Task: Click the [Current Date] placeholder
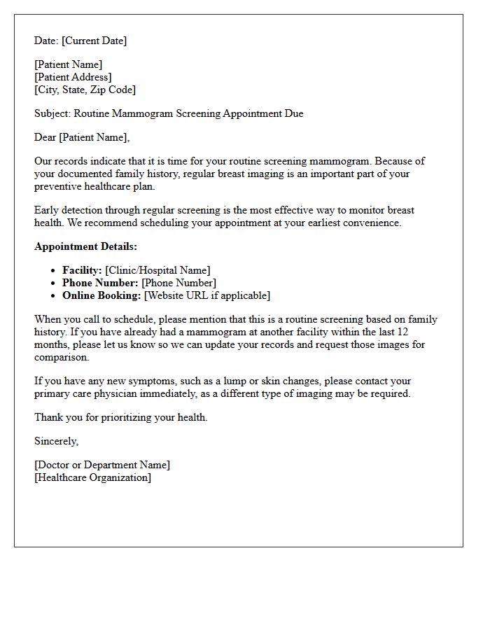click(94, 41)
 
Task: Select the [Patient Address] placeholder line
click(73, 77)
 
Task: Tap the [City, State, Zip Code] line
click(85, 90)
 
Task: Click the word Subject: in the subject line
click(52, 113)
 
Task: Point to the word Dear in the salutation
click(45, 137)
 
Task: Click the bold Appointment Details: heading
click(85, 246)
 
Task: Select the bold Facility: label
click(82, 270)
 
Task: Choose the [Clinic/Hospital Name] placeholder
click(157, 270)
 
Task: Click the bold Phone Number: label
click(100, 283)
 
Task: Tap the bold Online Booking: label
click(101, 295)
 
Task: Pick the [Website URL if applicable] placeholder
click(206, 295)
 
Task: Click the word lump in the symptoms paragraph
click(228, 381)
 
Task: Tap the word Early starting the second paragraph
click(48, 210)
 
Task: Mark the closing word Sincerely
click(56, 441)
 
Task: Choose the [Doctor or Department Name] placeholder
click(102, 465)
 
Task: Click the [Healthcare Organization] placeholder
click(92, 477)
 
